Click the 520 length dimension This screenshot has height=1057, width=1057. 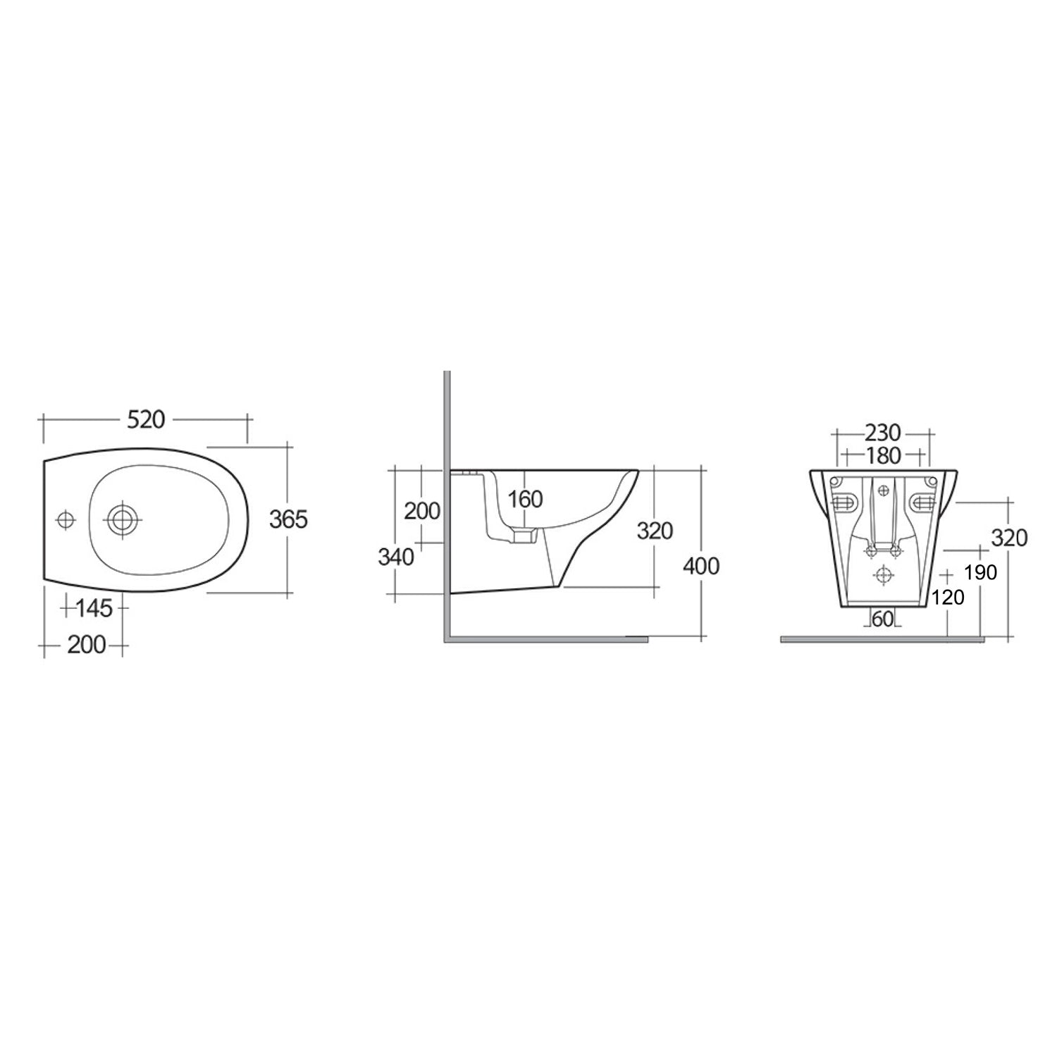coord(146,419)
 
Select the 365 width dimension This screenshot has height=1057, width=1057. coord(289,519)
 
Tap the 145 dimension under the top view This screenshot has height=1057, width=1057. coord(94,607)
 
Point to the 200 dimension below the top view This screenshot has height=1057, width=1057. coord(87,644)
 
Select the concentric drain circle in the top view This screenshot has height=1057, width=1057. coord(123,520)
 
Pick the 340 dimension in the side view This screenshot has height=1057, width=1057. coord(396,557)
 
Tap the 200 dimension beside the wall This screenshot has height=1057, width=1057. coord(421,511)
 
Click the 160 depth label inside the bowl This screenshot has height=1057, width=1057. coord(526,499)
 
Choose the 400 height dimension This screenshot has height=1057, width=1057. coord(701,565)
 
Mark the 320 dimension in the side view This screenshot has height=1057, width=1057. coord(655,530)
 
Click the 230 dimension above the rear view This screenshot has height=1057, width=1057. coord(883,431)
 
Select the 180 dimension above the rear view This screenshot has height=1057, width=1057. coord(883,456)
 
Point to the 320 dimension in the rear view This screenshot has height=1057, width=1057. coord(1009,538)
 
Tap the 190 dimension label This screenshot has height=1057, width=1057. coord(981,572)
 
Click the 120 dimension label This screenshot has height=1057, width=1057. coord(947,598)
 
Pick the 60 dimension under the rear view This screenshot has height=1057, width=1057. coord(882,619)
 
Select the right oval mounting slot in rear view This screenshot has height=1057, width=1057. coord(923,502)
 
